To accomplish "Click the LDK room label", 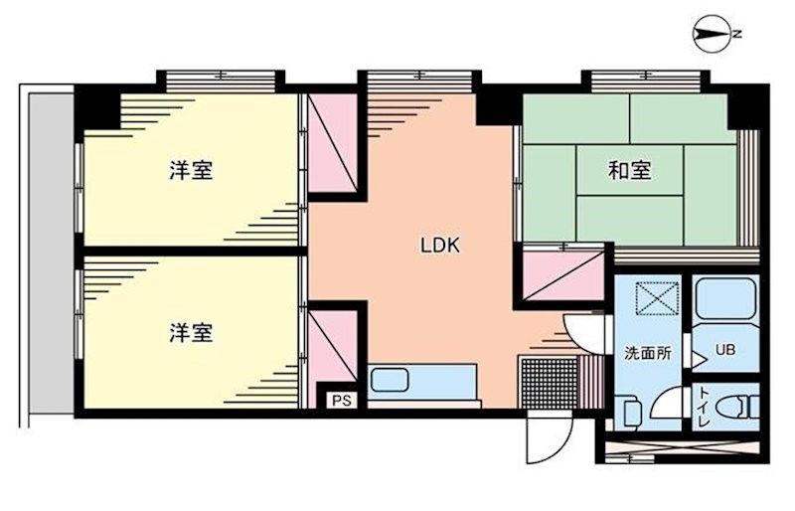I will click(439, 245).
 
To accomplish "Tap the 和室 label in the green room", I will click(629, 171).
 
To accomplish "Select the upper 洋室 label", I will click(190, 171).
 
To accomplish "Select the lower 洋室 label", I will click(190, 331).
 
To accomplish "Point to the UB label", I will click(726, 350).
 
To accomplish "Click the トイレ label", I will click(706, 408).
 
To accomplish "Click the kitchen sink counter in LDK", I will click(422, 383).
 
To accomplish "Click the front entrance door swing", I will click(547, 437).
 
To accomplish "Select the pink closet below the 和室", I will click(563, 273).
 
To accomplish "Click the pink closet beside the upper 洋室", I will click(332, 144).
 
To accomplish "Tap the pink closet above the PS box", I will click(333, 345).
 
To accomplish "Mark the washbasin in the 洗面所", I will click(630, 411).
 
